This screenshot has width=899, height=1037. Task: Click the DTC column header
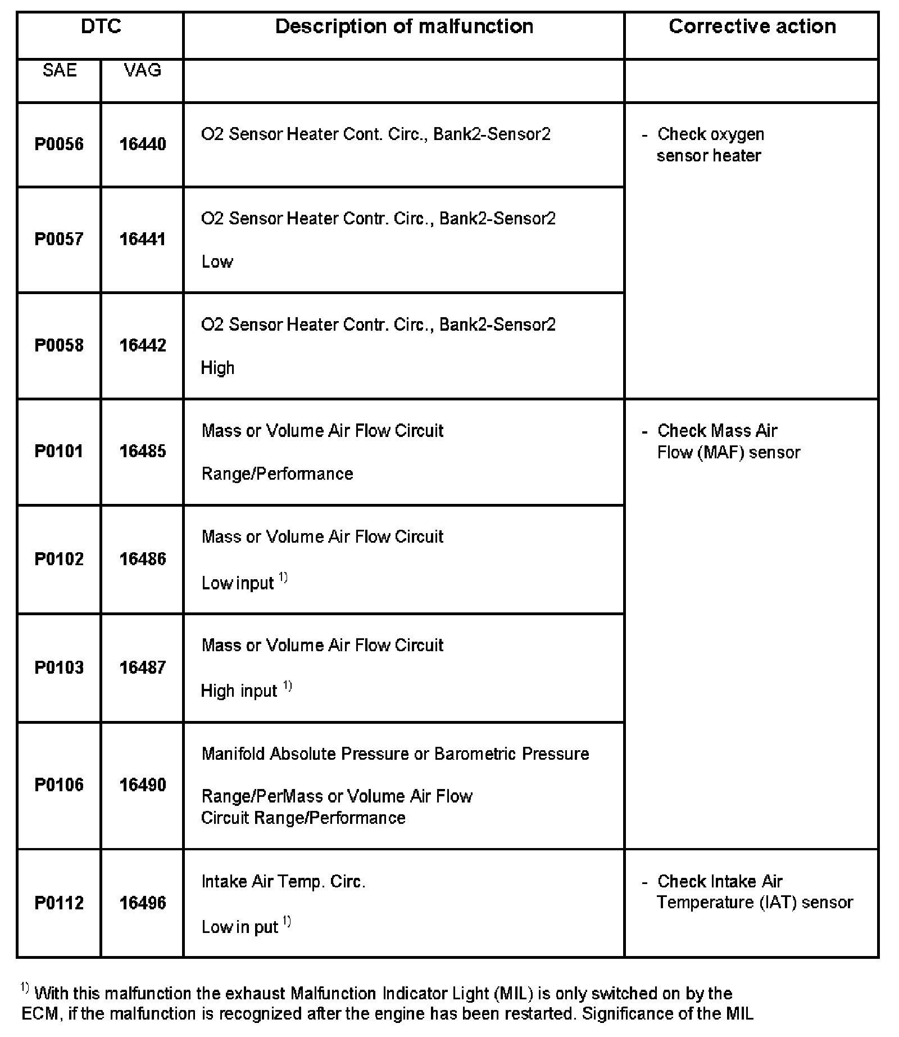click(x=101, y=26)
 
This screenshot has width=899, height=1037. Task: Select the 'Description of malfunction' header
click(x=404, y=26)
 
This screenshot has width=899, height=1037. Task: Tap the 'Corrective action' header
click(x=752, y=26)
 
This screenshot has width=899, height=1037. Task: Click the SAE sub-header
click(x=60, y=70)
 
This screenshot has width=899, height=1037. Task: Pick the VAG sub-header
click(x=143, y=70)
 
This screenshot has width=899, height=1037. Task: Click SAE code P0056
click(x=59, y=144)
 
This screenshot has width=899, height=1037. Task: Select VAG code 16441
click(x=143, y=239)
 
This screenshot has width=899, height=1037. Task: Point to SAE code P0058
click(x=59, y=345)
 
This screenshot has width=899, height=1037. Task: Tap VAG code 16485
click(x=143, y=451)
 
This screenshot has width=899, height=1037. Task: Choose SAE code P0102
click(x=59, y=559)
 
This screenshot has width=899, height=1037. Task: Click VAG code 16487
click(x=143, y=668)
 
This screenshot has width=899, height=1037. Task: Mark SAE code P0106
click(x=59, y=784)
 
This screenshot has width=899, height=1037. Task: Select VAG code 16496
click(x=143, y=903)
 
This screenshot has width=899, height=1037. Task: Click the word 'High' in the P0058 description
click(x=217, y=368)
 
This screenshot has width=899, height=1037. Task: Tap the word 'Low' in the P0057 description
click(x=217, y=261)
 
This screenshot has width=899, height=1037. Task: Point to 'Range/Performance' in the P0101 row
click(x=277, y=474)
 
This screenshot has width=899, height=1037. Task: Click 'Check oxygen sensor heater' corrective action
click(x=710, y=145)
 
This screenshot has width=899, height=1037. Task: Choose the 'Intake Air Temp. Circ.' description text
click(x=283, y=881)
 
